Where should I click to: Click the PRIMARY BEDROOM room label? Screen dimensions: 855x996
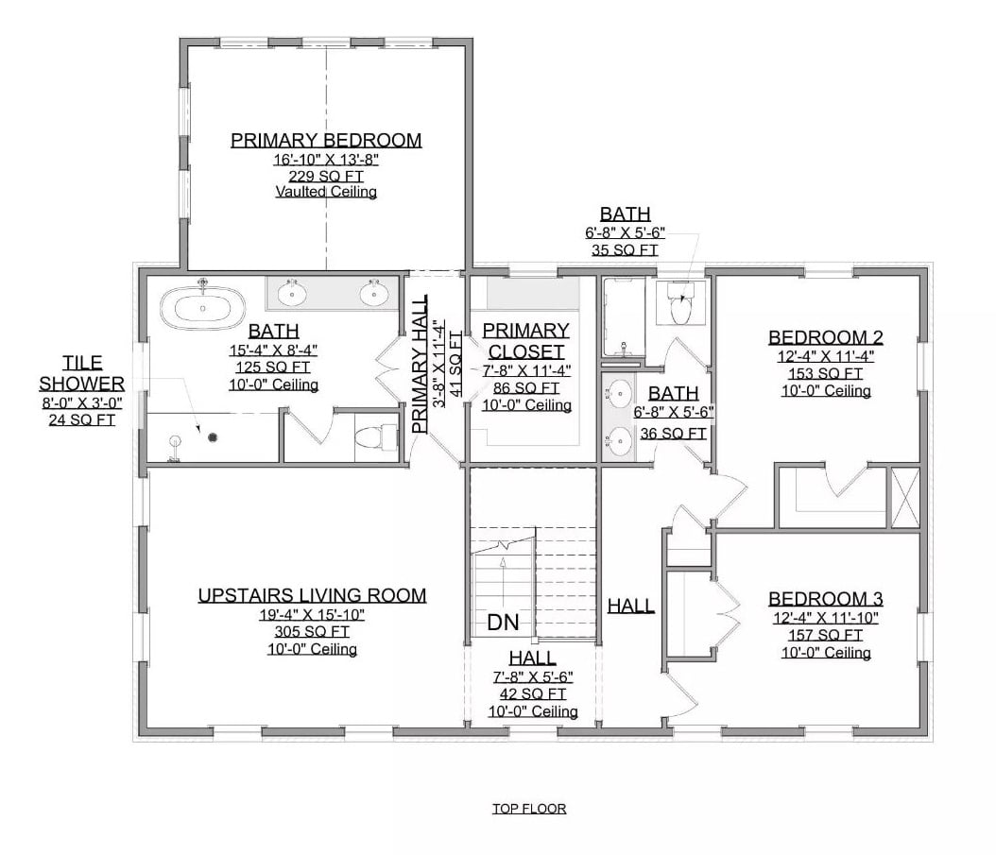pyautogui.click(x=326, y=141)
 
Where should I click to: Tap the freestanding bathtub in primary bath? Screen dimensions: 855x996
pyautogui.click(x=203, y=307)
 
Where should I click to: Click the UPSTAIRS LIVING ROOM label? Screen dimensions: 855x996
pyautogui.click(x=312, y=595)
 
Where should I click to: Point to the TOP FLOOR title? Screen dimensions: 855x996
pyautogui.click(x=528, y=809)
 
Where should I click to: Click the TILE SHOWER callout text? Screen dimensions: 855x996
pyautogui.click(x=82, y=373)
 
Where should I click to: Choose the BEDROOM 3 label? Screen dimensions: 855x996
pyautogui.click(x=825, y=599)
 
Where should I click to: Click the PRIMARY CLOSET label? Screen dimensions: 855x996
pyautogui.click(x=525, y=341)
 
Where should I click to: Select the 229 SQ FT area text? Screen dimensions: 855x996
pyautogui.click(x=326, y=176)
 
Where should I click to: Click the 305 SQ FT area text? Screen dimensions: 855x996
pyautogui.click(x=312, y=632)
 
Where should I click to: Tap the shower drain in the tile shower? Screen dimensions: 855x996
pyautogui.click(x=214, y=436)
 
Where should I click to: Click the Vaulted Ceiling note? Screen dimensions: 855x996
pyautogui.click(x=326, y=193)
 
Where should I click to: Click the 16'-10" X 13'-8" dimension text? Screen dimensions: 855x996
pyautogui.click(x=326, y=160)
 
